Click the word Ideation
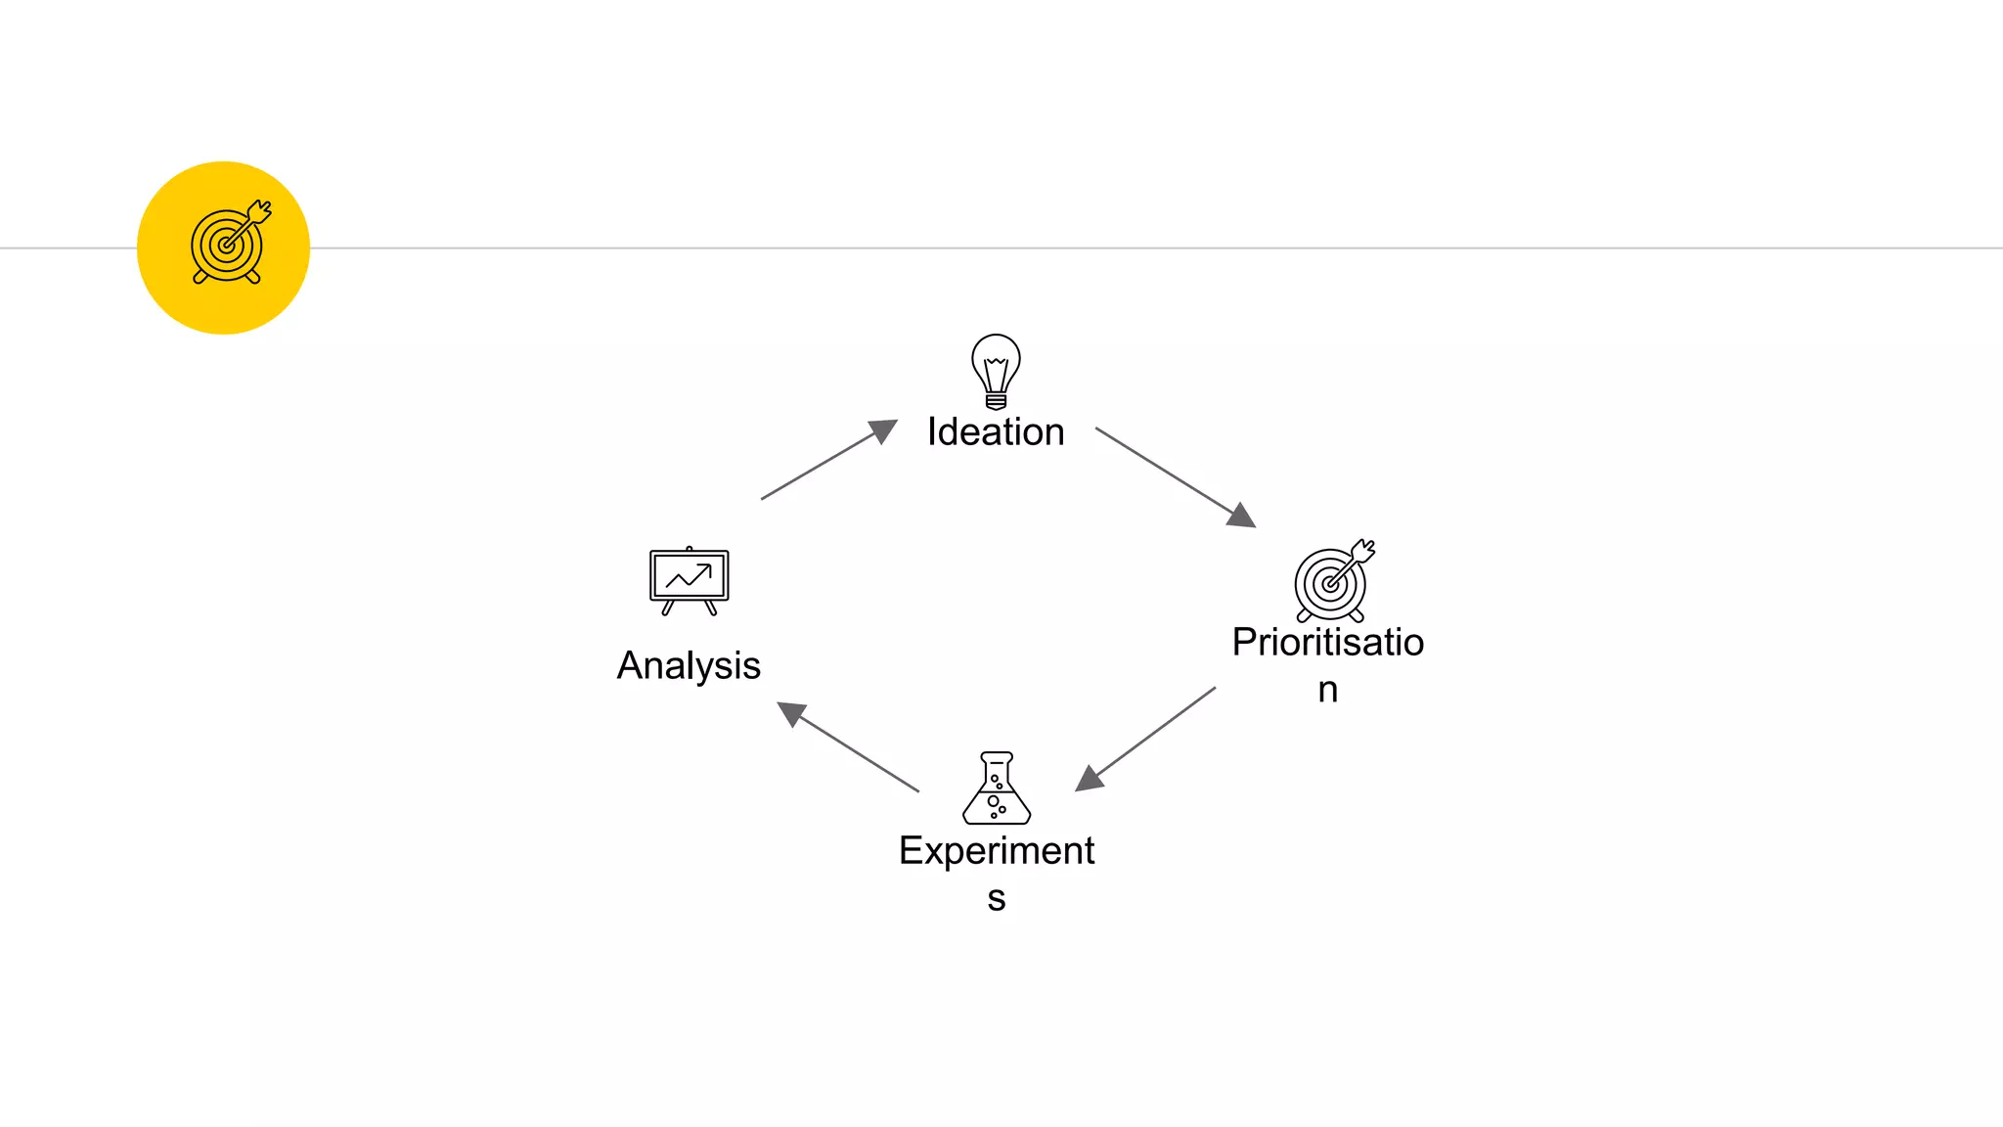click(996, 432)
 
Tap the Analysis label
click(689, 666)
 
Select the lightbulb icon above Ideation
click(996, 370)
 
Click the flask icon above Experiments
click(997, 789)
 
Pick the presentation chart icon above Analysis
click(690, 580)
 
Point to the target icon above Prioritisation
click(1332, 581)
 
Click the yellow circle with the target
click(224, 248)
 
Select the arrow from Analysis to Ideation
click(822, 464)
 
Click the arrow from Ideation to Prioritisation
click(1169, 473)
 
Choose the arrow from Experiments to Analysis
click(853, 749)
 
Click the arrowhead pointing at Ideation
click(882, 430)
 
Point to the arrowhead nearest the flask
click(1089, 779)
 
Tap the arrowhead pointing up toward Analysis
click(791, 713)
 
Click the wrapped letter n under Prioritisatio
click(1327, 691)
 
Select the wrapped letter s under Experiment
click(997, 899)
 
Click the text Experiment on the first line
click(997, 851)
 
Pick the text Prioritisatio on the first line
click(1327, 643)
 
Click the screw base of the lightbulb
click(996, 401)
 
